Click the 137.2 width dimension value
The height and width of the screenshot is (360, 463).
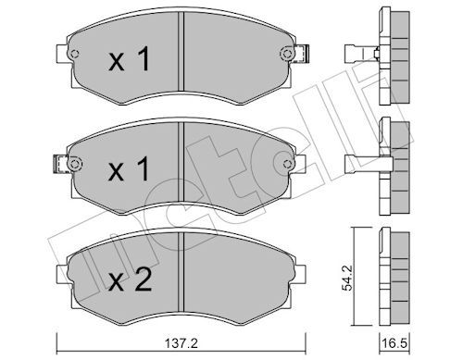coord(181,343)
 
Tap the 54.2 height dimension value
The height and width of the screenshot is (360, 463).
coord(348,279)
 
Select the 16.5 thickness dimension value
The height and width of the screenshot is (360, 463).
coord(394,343)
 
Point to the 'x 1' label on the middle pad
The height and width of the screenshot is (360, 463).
coord(129,168)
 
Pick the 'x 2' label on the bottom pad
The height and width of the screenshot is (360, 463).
coord(130,279)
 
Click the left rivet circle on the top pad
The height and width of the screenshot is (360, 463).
coord(74,54)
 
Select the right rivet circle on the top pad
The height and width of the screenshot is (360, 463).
coord(287,54)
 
